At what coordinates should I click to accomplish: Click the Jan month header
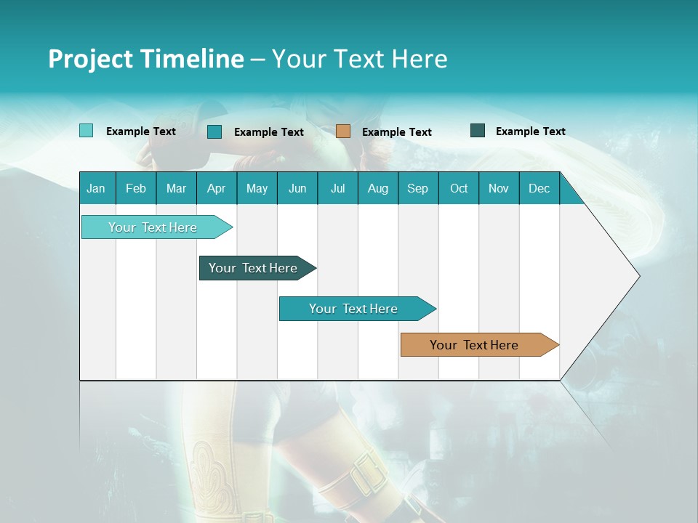(x=96, y=188)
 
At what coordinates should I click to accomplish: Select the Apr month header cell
(x=216, y=188)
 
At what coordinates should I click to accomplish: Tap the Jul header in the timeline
(x=337, y=188)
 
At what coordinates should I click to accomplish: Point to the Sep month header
(x=417, y=188)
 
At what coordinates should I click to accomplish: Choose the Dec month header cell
(x=539, y=188)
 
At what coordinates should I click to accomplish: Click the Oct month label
(x=459, y=188)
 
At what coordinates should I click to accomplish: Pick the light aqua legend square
(x=86, y=131)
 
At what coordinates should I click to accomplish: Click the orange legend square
(x=343, y=131)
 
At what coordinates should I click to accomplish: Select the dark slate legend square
(x=478, y=131)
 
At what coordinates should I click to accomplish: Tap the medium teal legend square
(x=214, y=131)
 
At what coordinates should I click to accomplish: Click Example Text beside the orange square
(x=396, y=131)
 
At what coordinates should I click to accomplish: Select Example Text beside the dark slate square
(x=530, y=131)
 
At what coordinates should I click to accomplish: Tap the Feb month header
(x=136, y=188)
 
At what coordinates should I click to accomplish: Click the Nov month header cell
(x=499, y=188)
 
